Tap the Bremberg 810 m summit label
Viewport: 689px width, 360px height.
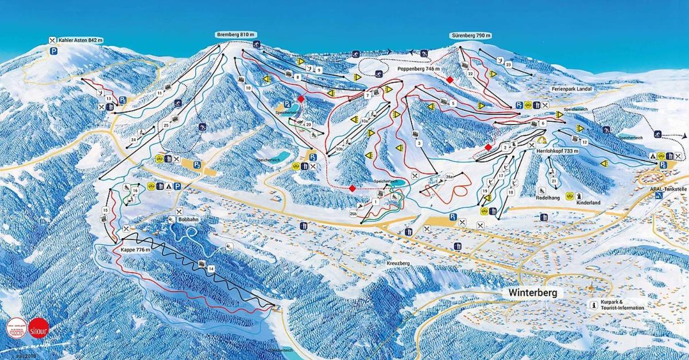[236, 34]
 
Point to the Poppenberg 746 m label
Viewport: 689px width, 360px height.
[419, 68]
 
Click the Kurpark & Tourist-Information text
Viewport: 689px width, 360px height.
[622, 305]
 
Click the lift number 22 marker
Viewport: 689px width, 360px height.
[470, 74]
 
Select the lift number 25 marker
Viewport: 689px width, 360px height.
[166, 125]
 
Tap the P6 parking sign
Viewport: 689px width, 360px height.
[663, 165]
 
